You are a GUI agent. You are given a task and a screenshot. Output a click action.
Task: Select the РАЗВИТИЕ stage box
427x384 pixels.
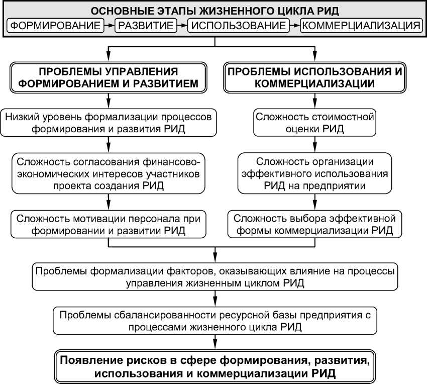[145, 25]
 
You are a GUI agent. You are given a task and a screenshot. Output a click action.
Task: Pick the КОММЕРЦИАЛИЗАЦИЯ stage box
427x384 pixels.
[360, 25]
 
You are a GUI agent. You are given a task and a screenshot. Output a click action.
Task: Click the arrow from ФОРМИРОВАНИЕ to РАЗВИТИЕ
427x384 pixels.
[110, 25]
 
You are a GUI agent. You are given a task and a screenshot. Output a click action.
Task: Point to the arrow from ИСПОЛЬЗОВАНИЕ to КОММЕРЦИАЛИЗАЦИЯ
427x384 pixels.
[294, 25]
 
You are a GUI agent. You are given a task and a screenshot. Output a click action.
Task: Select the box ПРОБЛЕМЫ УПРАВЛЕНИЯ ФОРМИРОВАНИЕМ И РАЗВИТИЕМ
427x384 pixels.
[109, 77]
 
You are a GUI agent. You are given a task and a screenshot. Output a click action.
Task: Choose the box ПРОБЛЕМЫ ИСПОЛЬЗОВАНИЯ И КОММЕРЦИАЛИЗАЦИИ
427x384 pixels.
[315, 77]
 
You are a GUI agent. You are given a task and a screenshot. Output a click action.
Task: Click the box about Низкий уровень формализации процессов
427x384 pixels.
[109, 122]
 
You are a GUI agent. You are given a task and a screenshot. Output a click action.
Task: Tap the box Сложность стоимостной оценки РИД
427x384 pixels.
[315, 122]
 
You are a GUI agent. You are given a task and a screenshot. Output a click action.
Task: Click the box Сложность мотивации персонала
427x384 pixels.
[109, 225]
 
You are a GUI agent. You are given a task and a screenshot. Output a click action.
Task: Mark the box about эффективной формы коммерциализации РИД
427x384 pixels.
[315, 225]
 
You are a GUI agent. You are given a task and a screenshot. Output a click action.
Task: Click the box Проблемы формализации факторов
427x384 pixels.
[215, 276]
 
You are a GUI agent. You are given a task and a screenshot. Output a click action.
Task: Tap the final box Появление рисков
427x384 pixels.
[215, 366]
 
